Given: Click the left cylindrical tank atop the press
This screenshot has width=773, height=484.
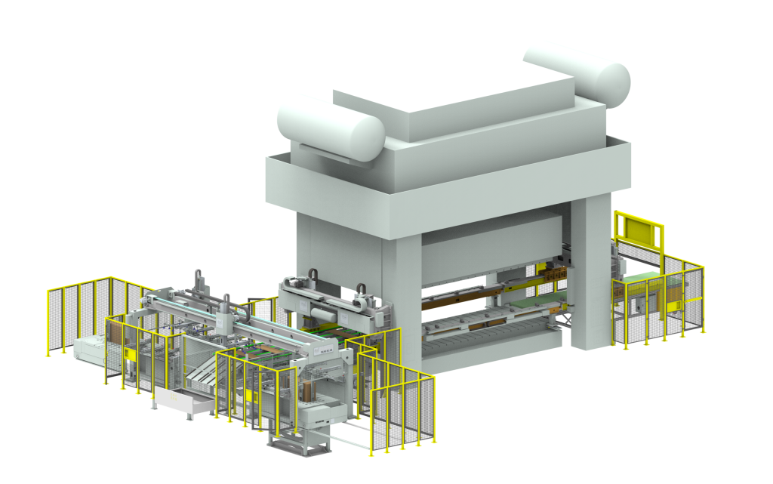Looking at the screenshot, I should pyautogui.click(x=330, y=128).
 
